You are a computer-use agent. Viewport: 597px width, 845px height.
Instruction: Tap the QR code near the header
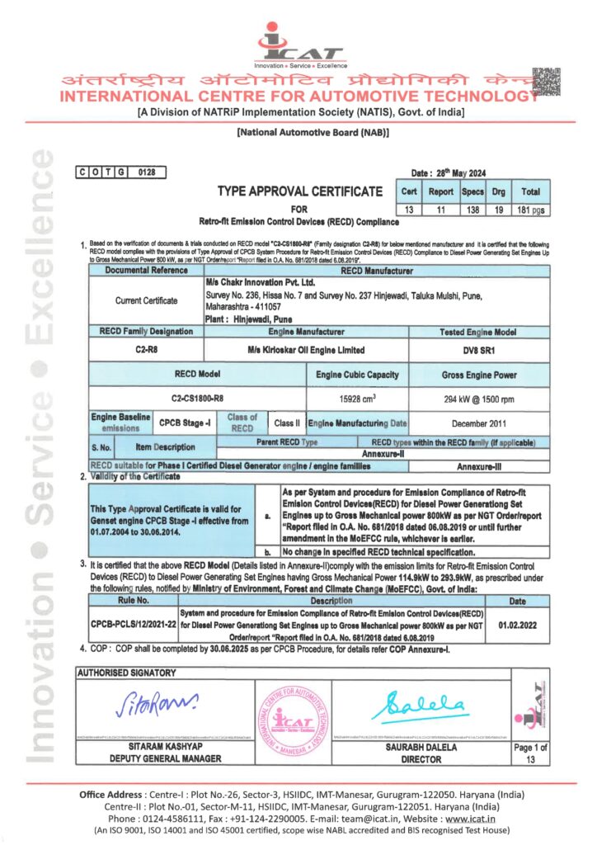point(546,83)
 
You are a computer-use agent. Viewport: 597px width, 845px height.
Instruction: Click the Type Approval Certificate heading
point(299,191)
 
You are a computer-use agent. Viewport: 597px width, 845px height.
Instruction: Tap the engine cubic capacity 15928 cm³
point(357,397)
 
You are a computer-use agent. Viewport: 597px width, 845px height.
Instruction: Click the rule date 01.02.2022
point(517,625)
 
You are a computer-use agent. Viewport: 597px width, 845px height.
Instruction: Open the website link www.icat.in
point(471,818)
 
